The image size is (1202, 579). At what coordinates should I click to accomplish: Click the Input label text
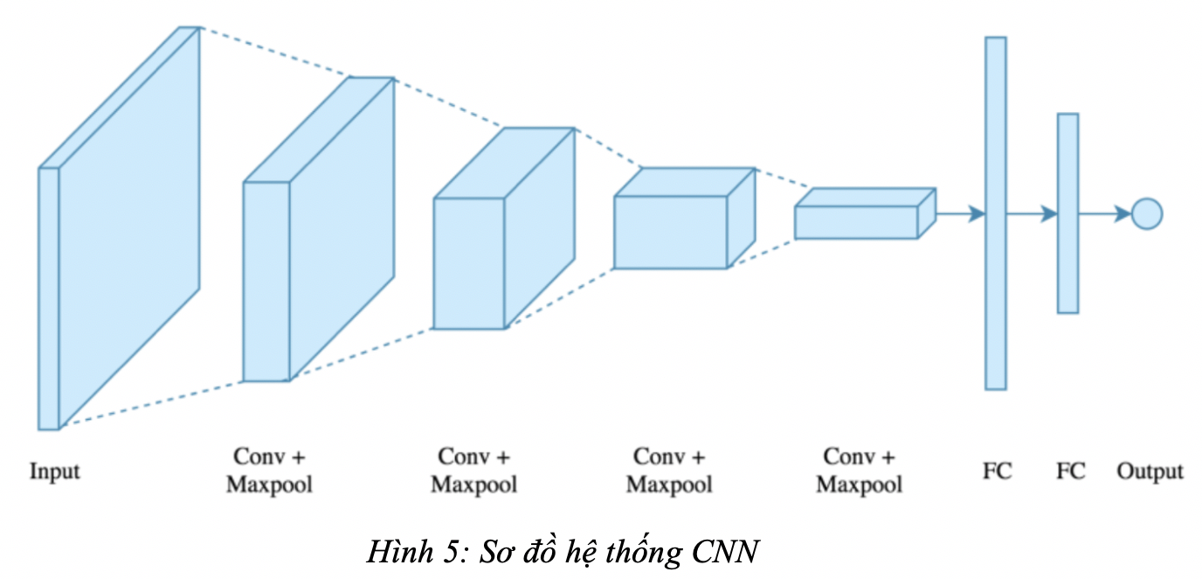(54, 471)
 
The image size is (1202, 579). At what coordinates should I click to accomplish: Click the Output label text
(1150, 471)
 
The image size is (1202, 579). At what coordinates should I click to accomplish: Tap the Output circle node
(1146, 213)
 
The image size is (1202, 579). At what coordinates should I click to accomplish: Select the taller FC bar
(995, 213)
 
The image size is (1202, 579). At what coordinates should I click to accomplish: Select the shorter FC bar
(1067, 213)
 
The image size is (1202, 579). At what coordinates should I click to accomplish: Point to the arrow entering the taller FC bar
(960, 213)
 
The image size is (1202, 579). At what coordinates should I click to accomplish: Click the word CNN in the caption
(725, 554)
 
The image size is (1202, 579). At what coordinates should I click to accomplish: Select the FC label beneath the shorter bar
(1070, 471)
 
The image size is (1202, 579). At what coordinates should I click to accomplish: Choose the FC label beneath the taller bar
(997, 471)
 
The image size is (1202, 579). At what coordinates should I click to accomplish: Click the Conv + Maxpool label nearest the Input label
(269, 471)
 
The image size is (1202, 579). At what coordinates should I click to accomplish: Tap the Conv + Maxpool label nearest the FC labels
(860, 471)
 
